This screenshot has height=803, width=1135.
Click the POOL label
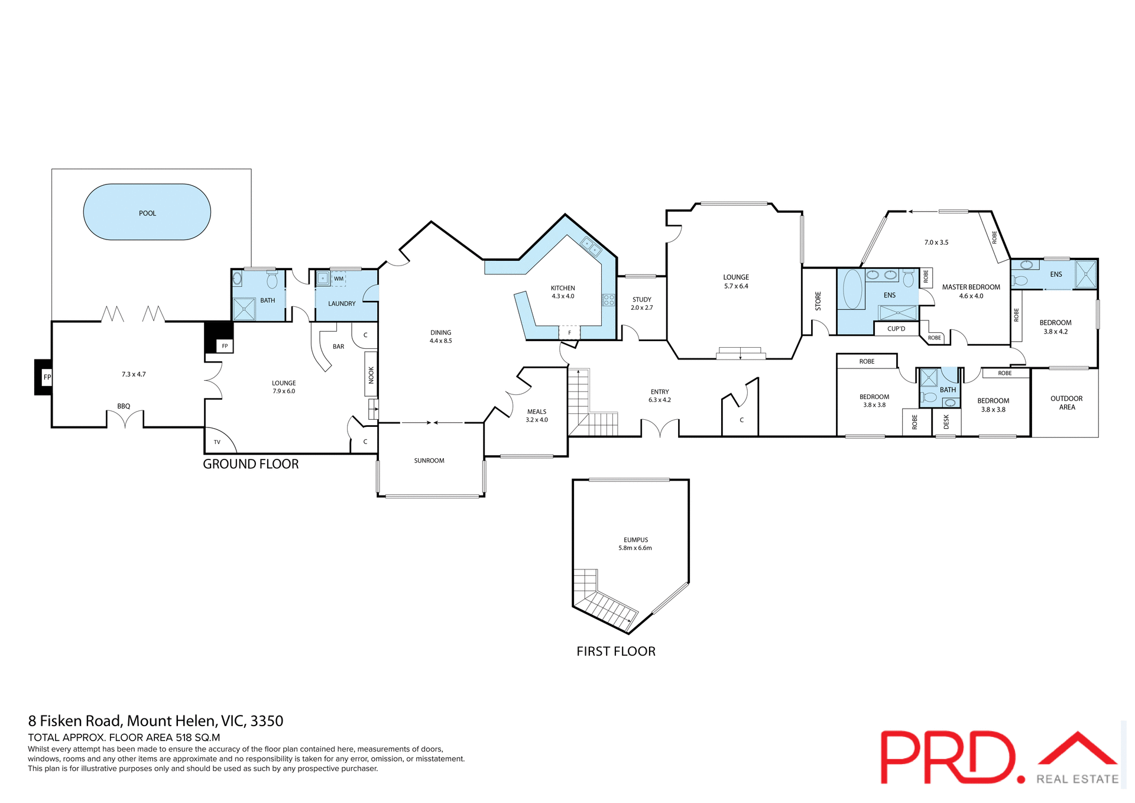coord(147,213)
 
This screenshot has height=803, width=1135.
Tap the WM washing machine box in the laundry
coord(339,279)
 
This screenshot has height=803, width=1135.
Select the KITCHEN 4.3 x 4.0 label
coord(563,292)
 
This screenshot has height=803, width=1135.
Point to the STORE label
coord(818,300)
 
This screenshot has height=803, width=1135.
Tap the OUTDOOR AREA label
coord(1066,403)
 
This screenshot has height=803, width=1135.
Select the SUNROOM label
coord(429,461)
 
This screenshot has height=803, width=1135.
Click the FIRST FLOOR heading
coord(616,651)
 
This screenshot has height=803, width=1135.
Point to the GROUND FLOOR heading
coord(251,464)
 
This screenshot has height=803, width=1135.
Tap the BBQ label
coord(124,406)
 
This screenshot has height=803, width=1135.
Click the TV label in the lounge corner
coord(217,442)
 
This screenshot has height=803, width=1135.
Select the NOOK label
coord(371,375)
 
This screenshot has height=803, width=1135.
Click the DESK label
coord(946,422)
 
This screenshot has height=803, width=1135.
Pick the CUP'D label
coord(896,329)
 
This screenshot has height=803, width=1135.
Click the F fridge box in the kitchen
coord(569,333)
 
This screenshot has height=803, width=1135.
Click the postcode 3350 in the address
coord(267,721)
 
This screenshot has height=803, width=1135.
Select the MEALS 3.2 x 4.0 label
coord(537,416)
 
